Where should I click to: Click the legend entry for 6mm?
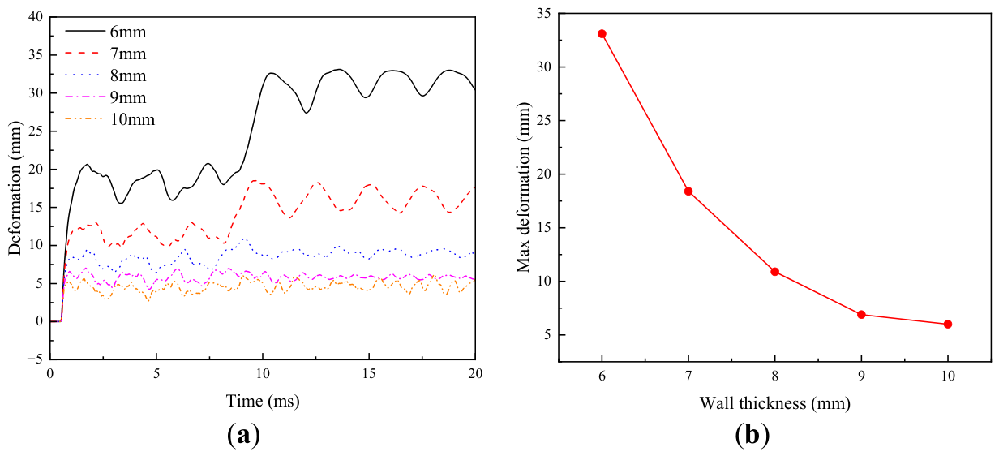pyautogui.click(x=105, y=32)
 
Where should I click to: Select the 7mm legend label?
pyautogui.click(x=105, y=54)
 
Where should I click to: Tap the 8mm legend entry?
pyautogui.click(x=105, y=75)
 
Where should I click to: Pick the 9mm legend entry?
pyautogui.click(x=105, y=97)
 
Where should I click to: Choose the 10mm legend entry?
pyautogui.click(x=110, y=119)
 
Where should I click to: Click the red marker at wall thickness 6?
pyautogui.click(x=602, y=34)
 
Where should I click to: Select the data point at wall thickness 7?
pyautogui.click(x=688, y=191)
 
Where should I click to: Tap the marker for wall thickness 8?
pyautogui.click(x=774, y=272)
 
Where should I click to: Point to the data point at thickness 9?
pyautogui.click(x=861, y=315)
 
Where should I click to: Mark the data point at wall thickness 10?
pyautogui.click(x=948, y=324)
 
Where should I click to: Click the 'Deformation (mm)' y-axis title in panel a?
pyautogui.click(x=15, y=188)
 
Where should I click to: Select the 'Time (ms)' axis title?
pyautogui.click(x=263, y=401)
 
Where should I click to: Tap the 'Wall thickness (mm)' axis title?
pyautogui.click(x=774, y=403)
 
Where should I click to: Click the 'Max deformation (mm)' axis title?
pyautogui.click(x=523, y=187)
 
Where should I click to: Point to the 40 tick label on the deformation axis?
pyautogui.click(x=36, y=17)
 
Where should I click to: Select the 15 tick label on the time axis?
pyautogui.click(x=369, y=374)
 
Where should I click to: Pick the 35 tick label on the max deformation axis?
pyautogui.click(x=543, y=14)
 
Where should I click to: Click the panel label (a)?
pyautogui.click(x=243, y=435)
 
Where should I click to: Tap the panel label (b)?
pyautogui.click(x=752, y=435)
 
